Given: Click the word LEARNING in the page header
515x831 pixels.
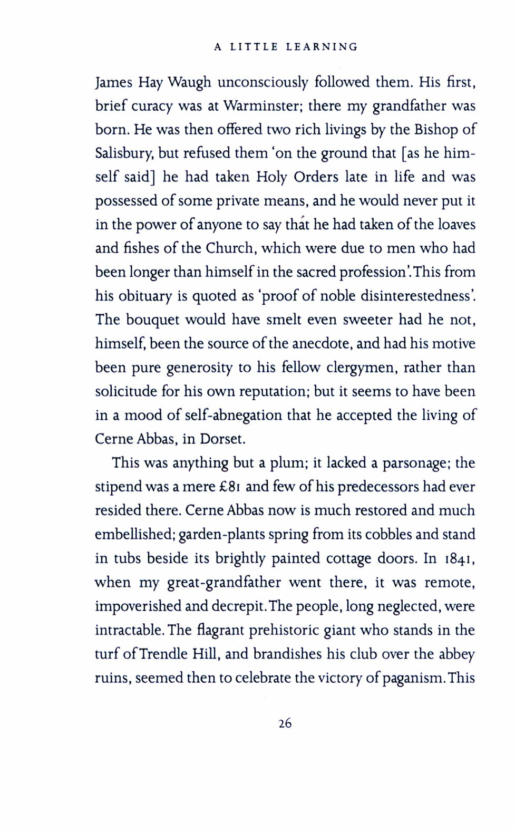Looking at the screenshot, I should coord(322,47).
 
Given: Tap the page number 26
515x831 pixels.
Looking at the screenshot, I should coord(285,723).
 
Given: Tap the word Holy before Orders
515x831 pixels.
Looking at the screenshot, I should coord(271,177).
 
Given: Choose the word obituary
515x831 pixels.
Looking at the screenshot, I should coord(145,296).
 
